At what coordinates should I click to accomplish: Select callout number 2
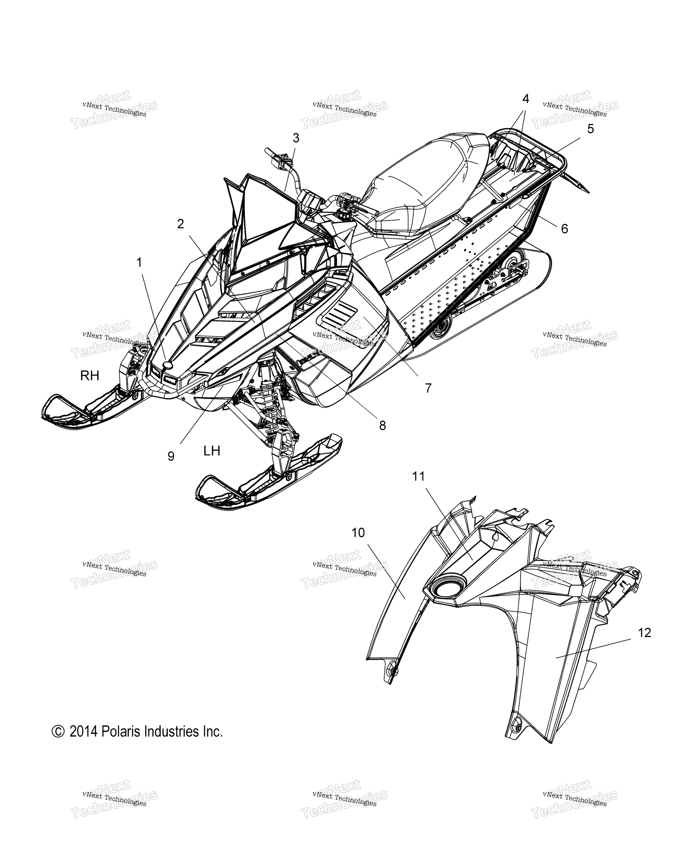(x=180, y=224)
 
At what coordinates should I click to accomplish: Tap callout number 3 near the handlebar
(x=296, y=138)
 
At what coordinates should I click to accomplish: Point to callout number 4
(x=525, y=99)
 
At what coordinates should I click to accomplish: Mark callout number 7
(x=428, y=388)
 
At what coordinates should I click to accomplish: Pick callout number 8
(x=382, y=426)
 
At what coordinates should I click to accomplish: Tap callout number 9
(x=171, y=456)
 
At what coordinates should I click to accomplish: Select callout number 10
(x=358, y=533)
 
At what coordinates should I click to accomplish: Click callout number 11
(x=418, y=477)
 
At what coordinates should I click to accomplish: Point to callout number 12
(x=644, y=633)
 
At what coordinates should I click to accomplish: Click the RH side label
(x=90, y=376)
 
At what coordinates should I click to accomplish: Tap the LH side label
(x=212, y=451)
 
